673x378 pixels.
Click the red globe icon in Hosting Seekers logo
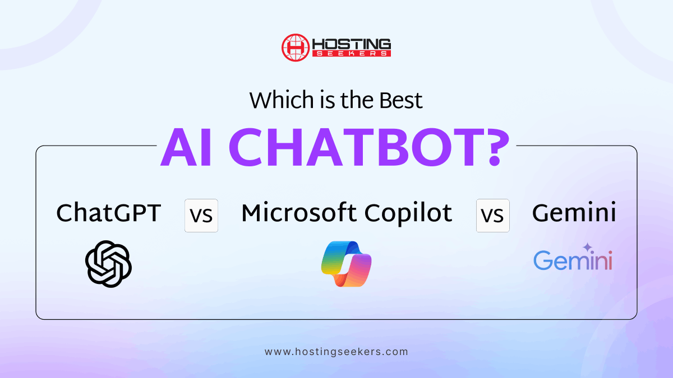pos(296,48)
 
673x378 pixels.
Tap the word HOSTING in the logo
pos(352,44)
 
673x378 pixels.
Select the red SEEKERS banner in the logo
pos(352,54)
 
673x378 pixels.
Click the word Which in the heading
pos(282,100)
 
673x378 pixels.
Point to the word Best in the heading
pos(401,100)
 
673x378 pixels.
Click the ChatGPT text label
pos(108,213)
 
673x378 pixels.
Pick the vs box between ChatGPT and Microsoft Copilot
pos(201,216)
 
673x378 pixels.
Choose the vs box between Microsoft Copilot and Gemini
pos(493,216)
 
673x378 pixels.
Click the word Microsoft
pos(298,213)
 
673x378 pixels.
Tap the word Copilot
pos(408,213)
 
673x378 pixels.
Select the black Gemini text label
pos(574,213)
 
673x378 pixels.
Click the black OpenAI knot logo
pos(108,264)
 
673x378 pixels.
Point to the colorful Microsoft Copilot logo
pos(347,264)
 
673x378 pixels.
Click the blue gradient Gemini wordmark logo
pos(573,260)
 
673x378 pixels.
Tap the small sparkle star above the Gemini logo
pos(587,248)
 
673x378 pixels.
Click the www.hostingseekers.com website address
pos(336,352)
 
